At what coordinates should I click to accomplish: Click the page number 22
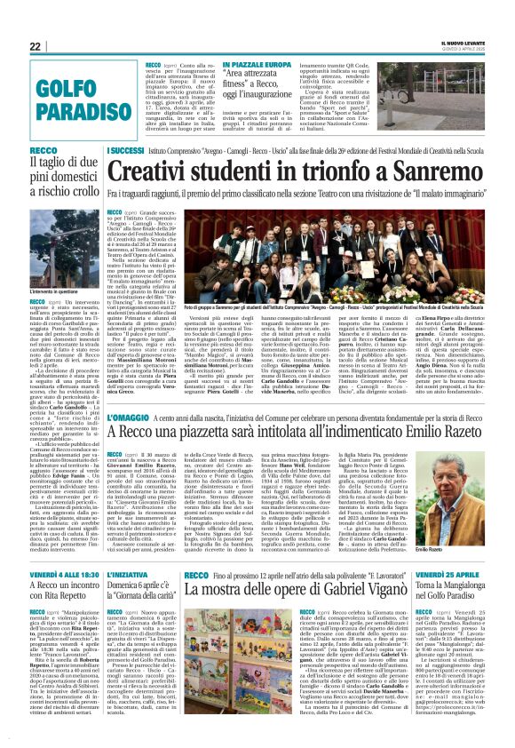pyautogui.click(x=35, y=46)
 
